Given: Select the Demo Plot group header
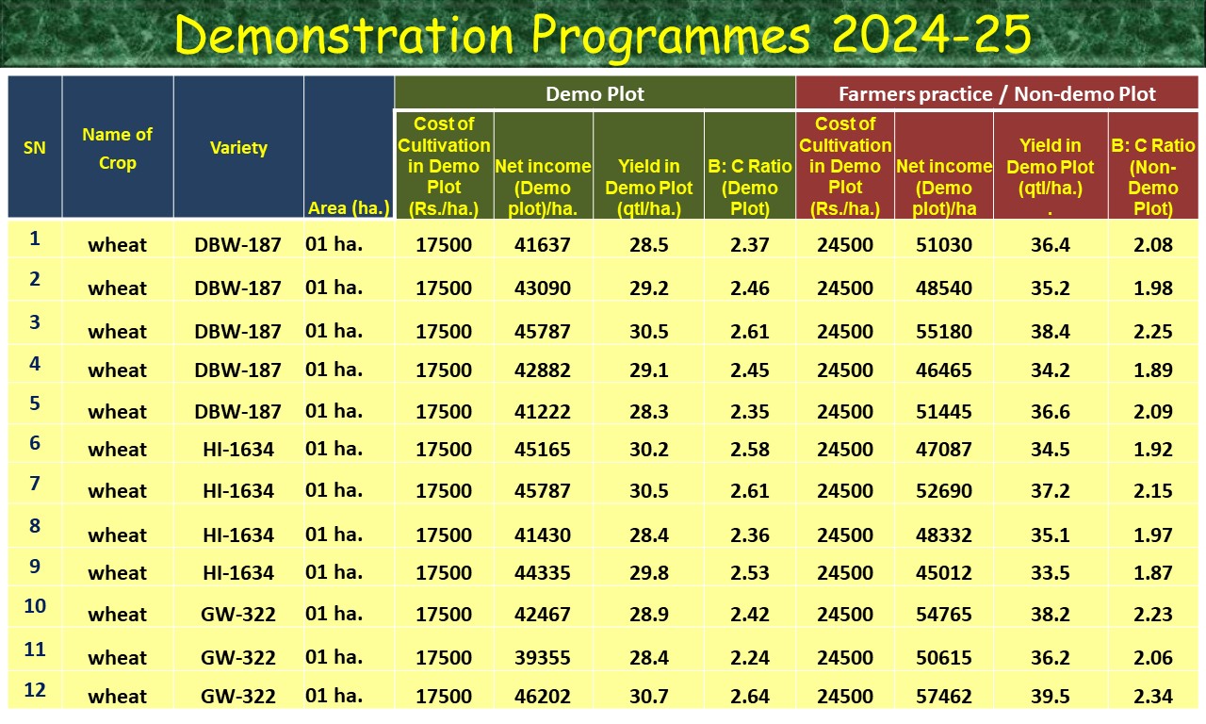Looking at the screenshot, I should pyautogui.click(x=595, y=93).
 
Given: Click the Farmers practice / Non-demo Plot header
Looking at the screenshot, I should pyautogui.click(x=997, y=93).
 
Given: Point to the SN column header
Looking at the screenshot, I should pyautogui.click(x=35, y=148).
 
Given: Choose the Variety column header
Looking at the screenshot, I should pyautogui.click(x=238, y=148).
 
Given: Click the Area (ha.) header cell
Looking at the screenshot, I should pyautogui.click(x=349, y=208).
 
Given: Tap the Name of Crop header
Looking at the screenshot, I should pyautogui.click(x=117, y=149).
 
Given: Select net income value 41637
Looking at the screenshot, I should pyautogui.click(x=543, y=245).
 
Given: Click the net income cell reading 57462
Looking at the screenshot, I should pyautogui.click(x=944, y=697).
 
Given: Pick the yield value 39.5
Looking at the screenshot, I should pyautogui.click(x=1050, y=697).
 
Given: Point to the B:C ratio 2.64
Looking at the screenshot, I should pyautogui.click(x=750, y=697).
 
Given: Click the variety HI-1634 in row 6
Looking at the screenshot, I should pyautogui.click(x=238, y=450).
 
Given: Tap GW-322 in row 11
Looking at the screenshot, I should pyautogui.click(x=238, y=657).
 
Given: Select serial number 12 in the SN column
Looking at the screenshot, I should pyautogui.click(x=35, y=690).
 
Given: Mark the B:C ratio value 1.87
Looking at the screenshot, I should pyautogui.click(x=1153, y=573).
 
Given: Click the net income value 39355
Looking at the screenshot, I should pyautogui.click(x=543, y=657).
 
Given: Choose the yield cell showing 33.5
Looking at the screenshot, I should pyautogui.click(x=1050, y=573).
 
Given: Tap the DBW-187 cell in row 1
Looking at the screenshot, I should pyautogui.click(x=238, y=245).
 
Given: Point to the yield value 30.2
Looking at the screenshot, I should pyautogui.click(x=649, y=450).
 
